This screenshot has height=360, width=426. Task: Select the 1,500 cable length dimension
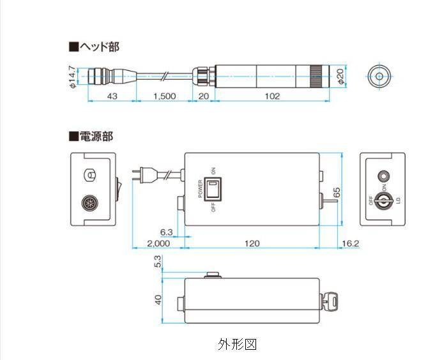tap(165, 96)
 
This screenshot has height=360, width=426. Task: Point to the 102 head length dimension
tap(273, 96)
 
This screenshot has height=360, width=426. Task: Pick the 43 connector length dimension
tap(112, 96)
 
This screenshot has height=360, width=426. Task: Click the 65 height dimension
tap(337, 190)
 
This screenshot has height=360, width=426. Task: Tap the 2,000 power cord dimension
tap(158, 244)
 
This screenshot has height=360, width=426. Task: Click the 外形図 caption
tap(237, 345)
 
